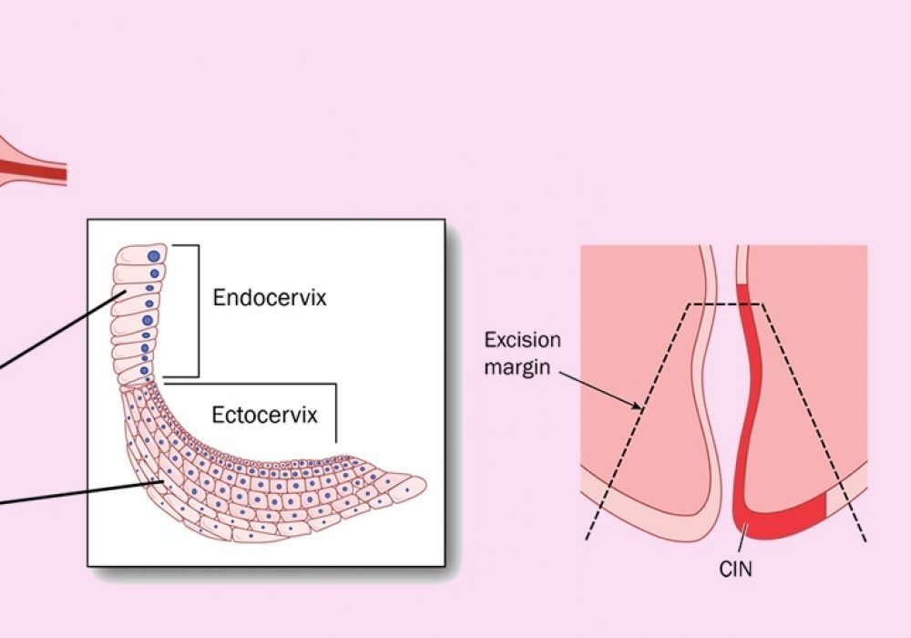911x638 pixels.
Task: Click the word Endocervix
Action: [269, 298]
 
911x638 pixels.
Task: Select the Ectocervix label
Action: [265, 416]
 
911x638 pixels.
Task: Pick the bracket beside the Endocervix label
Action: [197, 310]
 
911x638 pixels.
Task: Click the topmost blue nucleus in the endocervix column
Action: [153, 257]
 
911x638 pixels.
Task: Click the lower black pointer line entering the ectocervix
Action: [73, 493]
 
